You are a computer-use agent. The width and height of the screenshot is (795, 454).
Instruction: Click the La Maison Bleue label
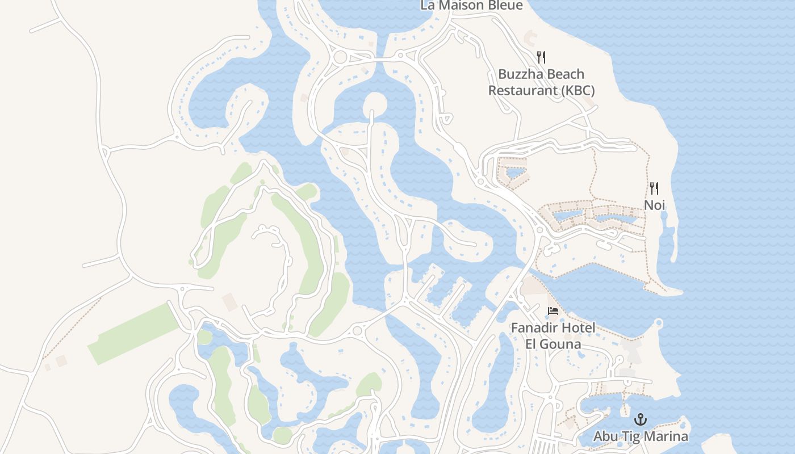click(x=471, y=5)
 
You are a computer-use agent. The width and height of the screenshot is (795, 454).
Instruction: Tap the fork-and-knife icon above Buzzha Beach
click(x=541, y=57)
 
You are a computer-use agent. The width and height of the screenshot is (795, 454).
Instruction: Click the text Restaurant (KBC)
click(x=541, y=90)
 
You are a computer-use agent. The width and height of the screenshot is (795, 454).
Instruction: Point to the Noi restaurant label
click(x=654, y=204)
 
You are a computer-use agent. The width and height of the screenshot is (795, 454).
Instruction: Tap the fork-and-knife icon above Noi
click(x=654, y=188)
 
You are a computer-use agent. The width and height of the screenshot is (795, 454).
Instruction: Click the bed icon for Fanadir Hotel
click(x=553, y=311)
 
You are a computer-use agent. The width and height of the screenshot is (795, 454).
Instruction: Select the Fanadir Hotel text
click(x=553, y=327)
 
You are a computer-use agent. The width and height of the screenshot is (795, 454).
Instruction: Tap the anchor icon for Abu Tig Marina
click(x=641, y=420)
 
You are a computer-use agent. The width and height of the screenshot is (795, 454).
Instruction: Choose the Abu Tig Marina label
click(x=641, y=436)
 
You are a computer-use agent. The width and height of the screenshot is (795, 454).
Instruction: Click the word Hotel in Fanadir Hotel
click(x=579, y=327)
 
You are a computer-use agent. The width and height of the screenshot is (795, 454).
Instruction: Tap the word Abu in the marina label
click(x=605, y=436)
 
